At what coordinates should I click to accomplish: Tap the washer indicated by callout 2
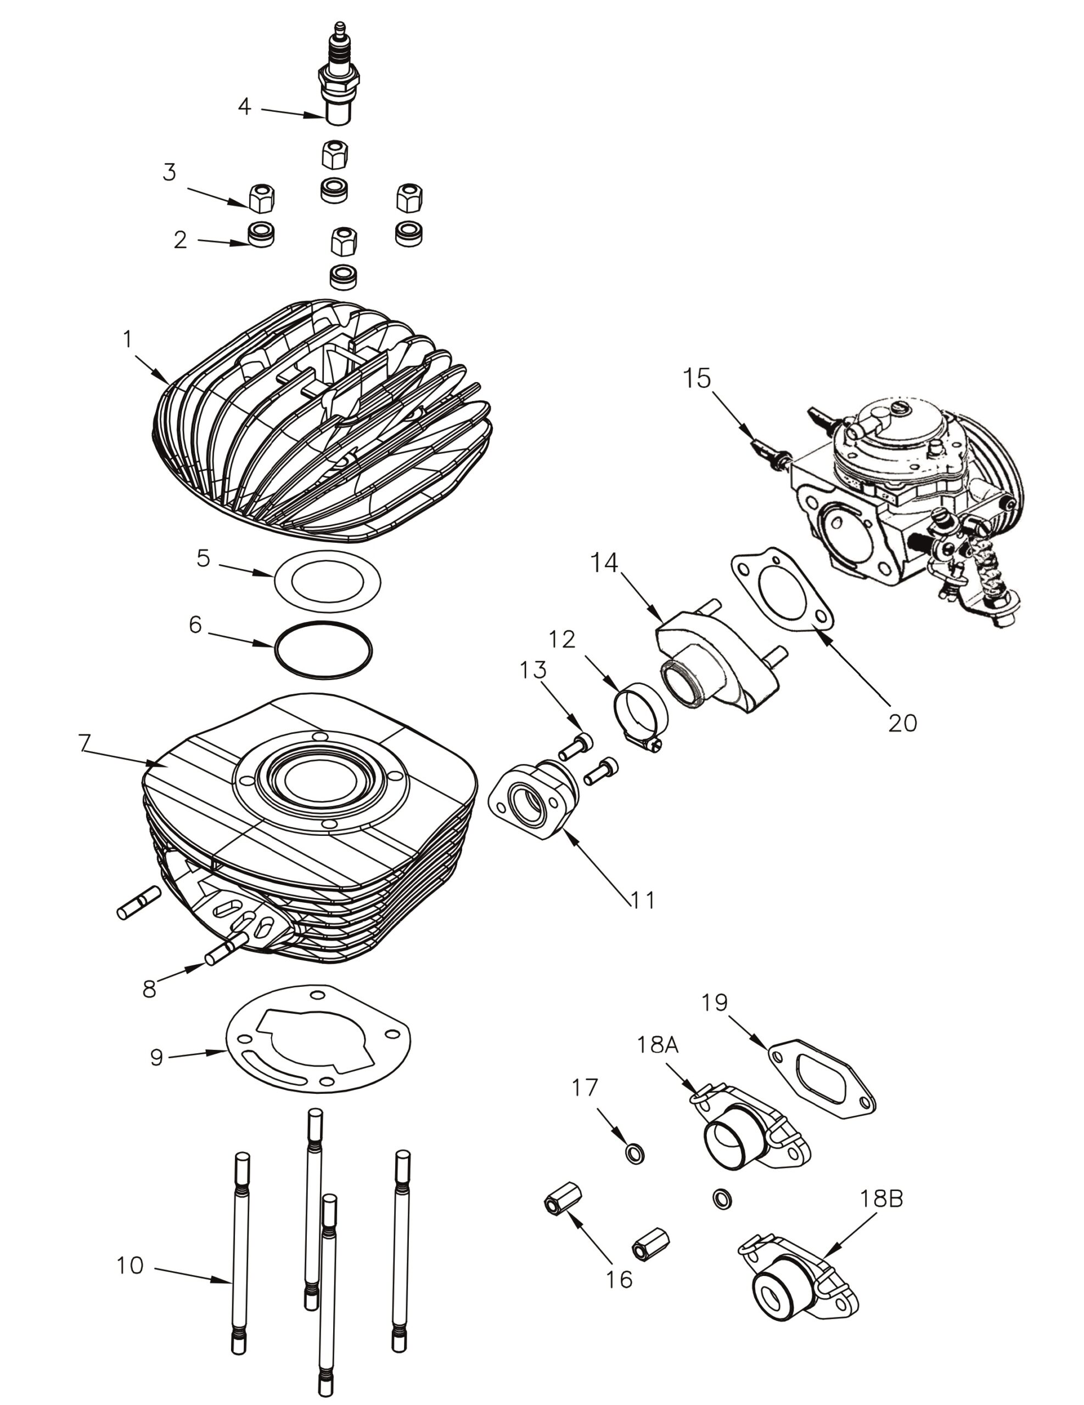(x=261, y=234)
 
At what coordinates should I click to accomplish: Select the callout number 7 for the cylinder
(x=85, y=743)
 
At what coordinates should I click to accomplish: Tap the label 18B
(x=881, y=1199)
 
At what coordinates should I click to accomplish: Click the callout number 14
(x=605, y=563)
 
